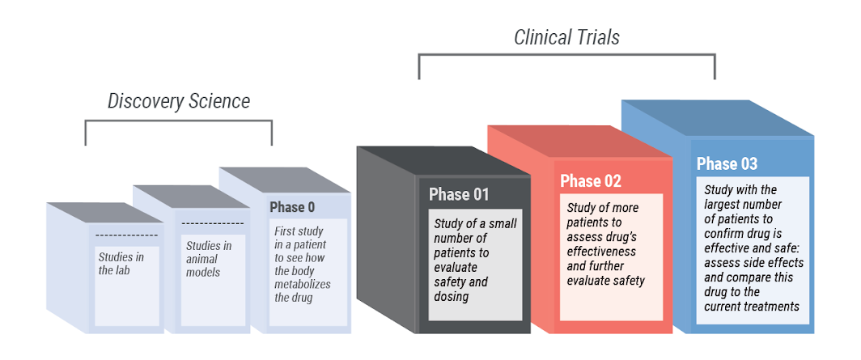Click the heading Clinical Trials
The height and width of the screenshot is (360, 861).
(566, 37)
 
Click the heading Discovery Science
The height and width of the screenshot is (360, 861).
(179, 101)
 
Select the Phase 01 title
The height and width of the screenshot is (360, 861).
(459, 194)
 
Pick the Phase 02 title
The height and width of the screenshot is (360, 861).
(591, 180)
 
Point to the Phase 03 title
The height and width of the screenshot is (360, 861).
(727, 163)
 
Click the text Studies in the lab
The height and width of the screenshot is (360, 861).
(121, 264)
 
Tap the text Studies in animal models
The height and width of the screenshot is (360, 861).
(209, 259)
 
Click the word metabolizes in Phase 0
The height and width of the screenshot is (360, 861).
(302, 284)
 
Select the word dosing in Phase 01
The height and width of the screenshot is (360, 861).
(452, 297)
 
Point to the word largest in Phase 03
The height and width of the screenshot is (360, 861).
(721, 204)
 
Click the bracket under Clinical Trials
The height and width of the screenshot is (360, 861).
(566, 56)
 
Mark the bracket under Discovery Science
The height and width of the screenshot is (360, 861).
(179, 122)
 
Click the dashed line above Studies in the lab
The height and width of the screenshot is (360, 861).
(126, 235)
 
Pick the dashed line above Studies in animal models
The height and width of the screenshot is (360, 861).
(212, 223)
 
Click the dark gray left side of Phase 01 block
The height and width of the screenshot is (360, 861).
(387, 243)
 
